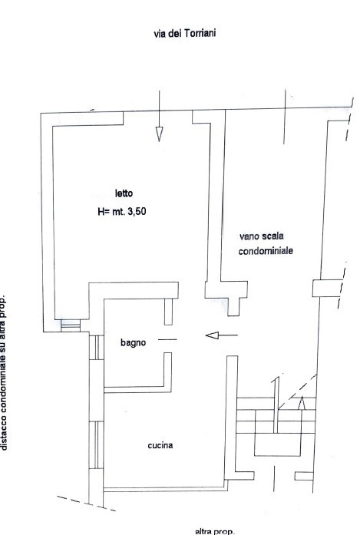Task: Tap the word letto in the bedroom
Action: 124,193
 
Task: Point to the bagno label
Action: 132,344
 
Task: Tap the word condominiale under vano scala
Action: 266,251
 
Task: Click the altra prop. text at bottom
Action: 216,530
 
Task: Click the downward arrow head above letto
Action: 159,134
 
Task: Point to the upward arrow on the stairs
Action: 302,401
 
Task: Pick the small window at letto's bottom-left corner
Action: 70,325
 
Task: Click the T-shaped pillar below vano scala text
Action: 228,291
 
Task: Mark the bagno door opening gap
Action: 167,339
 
